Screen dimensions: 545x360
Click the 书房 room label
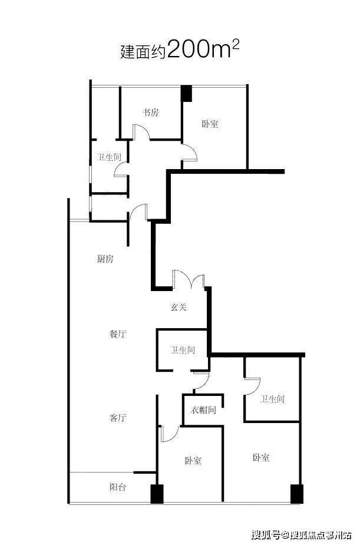pyautogui.click(x=150, y=113)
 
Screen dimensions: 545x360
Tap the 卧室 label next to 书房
pyautogui.click(x=210, y=124)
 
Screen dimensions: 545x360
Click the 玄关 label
pyautogui.click(x=179, y=307)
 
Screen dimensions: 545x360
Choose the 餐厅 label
pyautogui.click(x=118, y=334)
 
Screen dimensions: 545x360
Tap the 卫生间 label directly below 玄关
pyautogui.click(x=183, y=350)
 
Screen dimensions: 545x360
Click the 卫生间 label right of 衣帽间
pyautogui.click(x=273, y=399)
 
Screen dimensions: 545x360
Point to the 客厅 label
pyautogui.click(x=118, y=418)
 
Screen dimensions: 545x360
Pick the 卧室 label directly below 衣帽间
pyautogui.click(x=193, y=461)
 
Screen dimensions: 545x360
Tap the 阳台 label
pyautogui.click(x=118, y=488)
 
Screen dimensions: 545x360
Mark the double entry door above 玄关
pyautogui.click(x=189, y=279)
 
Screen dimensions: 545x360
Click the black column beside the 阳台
pyautogui.click(x=156, y=494)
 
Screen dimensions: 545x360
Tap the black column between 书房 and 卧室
pyautogui.click(x=186, y=93)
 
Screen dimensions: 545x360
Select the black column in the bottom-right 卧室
pyautogui.click(x=296, y=494)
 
